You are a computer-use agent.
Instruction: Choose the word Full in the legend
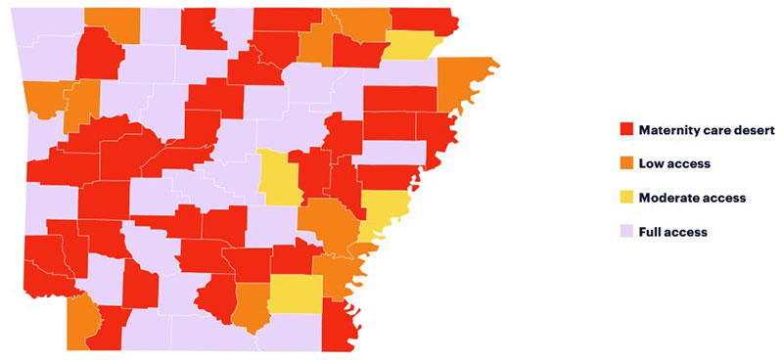pyautogui.click(x=651, y=232)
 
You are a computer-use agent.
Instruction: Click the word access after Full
pyautogui.click(x=687, y=232)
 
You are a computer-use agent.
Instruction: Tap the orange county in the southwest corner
pyautogui.click(x=82, y=321)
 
